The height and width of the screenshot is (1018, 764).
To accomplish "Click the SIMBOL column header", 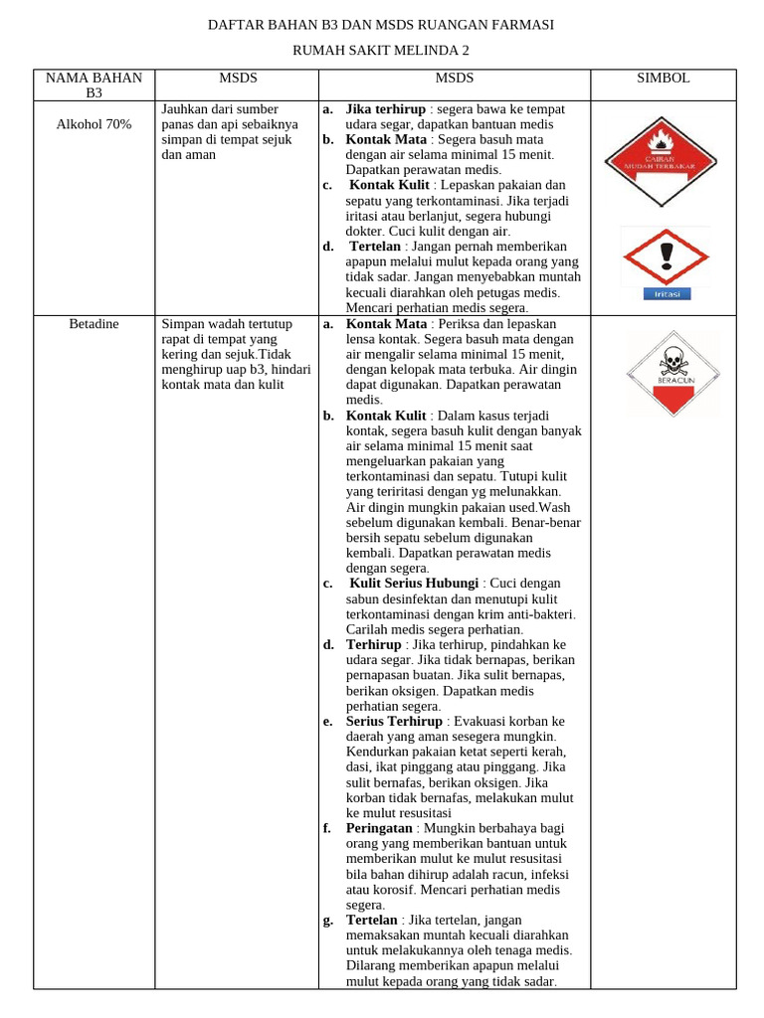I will [663, 78].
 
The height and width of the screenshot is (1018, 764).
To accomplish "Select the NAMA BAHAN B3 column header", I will [94, 85].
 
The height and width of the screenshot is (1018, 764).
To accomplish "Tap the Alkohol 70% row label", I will [94, 124].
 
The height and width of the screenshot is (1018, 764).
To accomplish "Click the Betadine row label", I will [94, 324].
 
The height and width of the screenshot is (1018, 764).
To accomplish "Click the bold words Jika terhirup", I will [386, 108].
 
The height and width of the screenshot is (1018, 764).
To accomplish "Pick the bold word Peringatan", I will [378, 827].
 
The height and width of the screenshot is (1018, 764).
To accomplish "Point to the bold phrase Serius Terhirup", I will [394, 721].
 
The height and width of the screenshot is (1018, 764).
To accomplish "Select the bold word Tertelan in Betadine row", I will [371, 920].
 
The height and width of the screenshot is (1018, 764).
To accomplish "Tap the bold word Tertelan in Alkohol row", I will [374, 247].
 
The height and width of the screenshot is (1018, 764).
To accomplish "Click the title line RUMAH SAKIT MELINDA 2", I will [381, 50].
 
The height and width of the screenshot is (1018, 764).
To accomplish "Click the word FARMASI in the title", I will [519, 24].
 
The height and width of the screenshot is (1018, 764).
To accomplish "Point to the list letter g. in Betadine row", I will [327, 920].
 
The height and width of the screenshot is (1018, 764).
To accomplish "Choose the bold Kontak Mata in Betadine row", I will [386, 324].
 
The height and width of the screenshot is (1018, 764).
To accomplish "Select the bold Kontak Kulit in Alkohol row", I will [389, 185].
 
